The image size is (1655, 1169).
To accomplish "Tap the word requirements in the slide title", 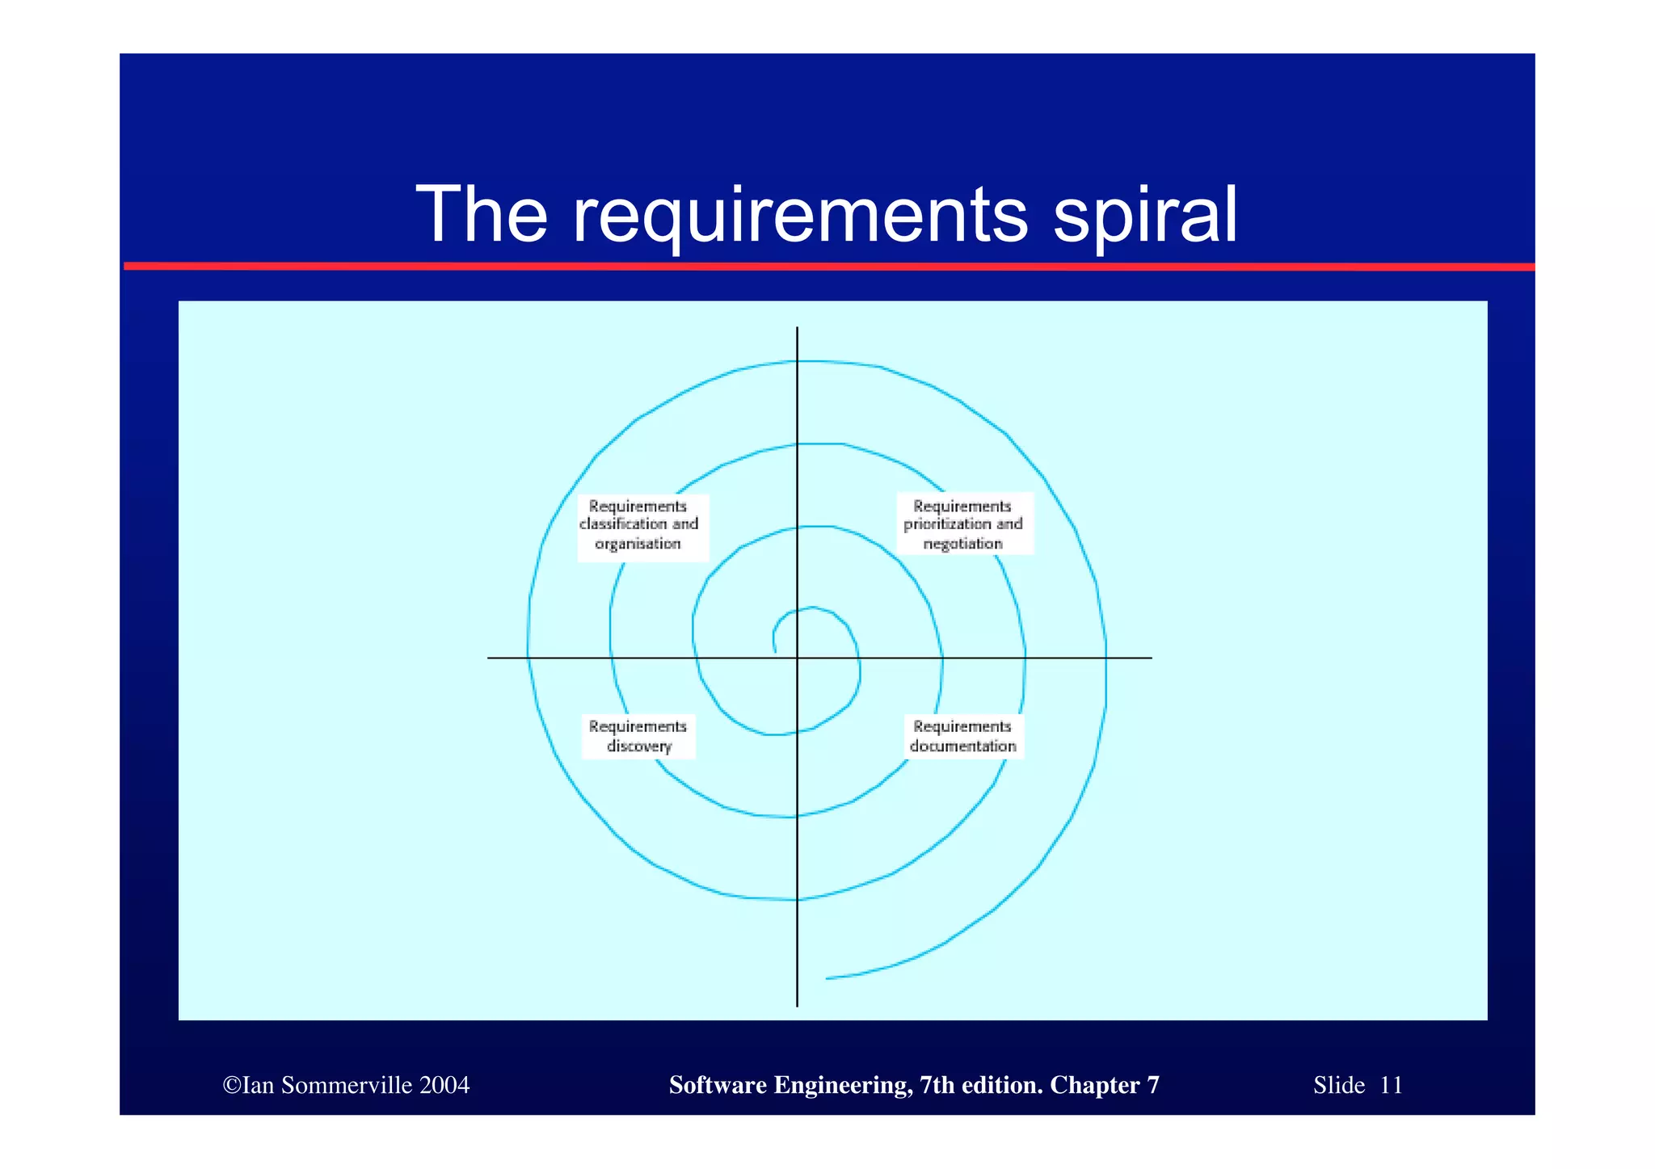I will click(x=800, y=216).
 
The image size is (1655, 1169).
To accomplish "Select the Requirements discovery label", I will click(x=638, y=736).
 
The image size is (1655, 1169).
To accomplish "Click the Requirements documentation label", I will click(x=962, y=736).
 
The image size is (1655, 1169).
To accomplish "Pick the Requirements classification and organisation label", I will click(x=638, y=525).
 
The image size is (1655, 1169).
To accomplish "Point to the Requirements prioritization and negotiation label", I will click(x=962, y=525).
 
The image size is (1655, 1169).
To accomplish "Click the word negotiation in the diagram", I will click(x=962, y=544).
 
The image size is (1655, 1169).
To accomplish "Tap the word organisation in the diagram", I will click(x=638, y=544).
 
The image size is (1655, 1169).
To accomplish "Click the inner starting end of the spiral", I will click(x=775, y=651).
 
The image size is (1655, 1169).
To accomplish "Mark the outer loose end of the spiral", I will click(x=827, y=978).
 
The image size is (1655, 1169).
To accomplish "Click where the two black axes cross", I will click(x=797, y=658).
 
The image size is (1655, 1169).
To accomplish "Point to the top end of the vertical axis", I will click(x=797, y=329).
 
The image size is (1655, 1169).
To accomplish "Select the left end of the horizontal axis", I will click(x=490, y=658).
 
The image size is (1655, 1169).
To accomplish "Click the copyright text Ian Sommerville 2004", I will click(x=346, y=1085).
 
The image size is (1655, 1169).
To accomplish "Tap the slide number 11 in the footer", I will click(x=1390, y=1085).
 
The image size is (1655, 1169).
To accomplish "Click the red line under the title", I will click(x=828, y=266).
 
